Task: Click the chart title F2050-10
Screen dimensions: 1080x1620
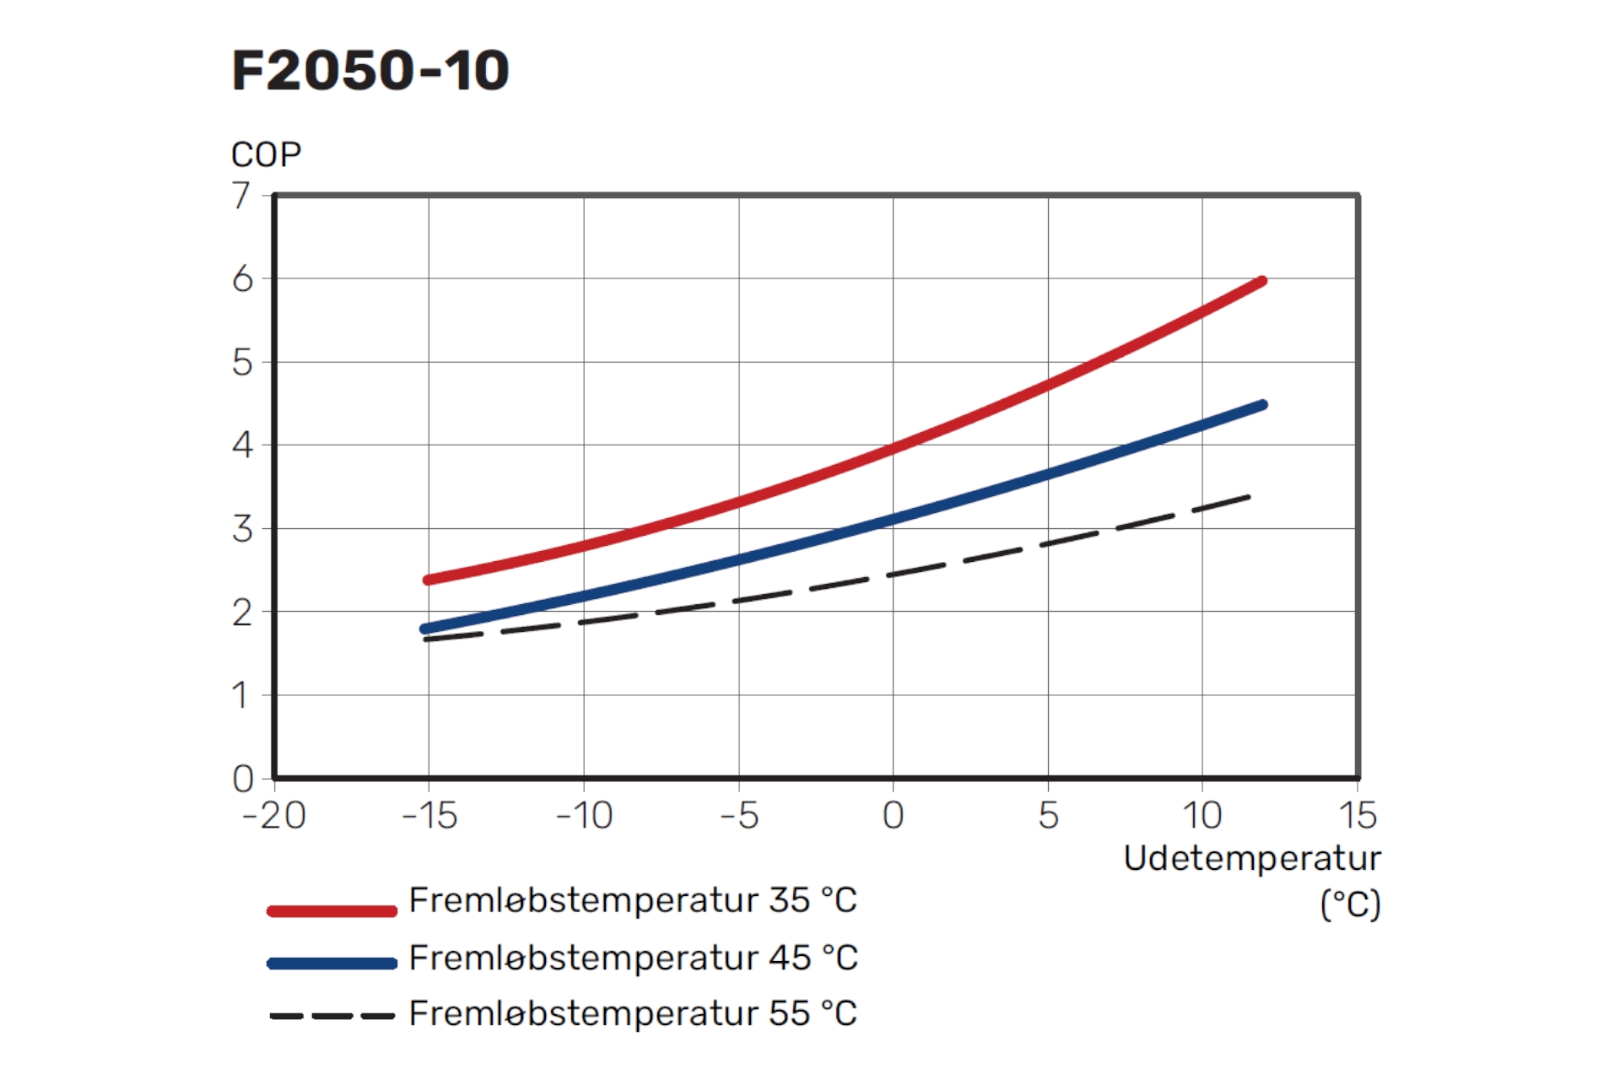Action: (370, 70)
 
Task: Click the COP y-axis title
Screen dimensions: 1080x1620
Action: (266, 155)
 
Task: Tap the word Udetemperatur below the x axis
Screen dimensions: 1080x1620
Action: (1252, 858)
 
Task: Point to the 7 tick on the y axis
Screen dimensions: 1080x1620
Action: (241, 196)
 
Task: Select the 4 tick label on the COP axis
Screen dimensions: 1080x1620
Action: (242, 445)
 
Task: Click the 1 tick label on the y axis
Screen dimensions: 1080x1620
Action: (241, 695)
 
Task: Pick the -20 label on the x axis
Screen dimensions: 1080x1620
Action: (274, 815)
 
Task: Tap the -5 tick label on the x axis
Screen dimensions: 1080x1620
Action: (739, 815)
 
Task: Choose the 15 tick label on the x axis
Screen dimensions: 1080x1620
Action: (1358, 815)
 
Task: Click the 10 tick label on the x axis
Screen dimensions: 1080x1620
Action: (1201, 815)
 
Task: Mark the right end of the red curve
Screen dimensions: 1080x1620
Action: (1262, 281)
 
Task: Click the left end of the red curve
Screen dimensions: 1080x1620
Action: (428, 580)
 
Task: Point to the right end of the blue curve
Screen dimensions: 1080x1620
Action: (1262, 405)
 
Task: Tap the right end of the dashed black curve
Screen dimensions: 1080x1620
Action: (1249, 497)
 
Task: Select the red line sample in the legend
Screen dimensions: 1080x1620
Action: (332, 910)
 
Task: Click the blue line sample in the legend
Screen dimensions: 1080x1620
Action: (332, 964)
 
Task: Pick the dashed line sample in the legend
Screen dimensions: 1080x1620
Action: (332, 1016)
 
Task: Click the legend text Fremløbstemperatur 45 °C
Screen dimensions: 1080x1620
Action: (633, 958)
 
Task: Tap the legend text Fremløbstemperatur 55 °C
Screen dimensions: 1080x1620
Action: (633, 1013)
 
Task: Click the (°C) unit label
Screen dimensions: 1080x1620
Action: (1350, 904)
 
